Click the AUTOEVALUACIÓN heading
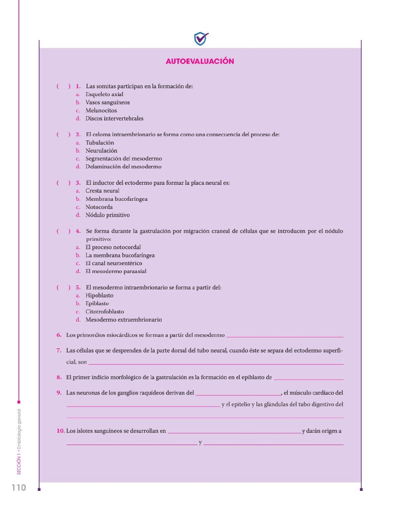(x=200, y=61)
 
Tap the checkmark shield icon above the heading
(x=201, y=39)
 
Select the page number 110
(x=19, y=488)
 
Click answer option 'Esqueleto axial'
(x=104, y=94)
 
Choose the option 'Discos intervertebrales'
(x=114, y=118)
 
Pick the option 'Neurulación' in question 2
(x=101, y=151)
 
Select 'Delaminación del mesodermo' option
(x=123, y=167)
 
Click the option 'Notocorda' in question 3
(x=99, y=207)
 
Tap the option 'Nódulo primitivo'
(x=107, y=215)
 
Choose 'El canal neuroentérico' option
(x=114, y=263)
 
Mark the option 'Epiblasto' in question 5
(x=97, y=303)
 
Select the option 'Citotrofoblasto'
(x=105, y=311)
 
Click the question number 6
(x=59, y=335)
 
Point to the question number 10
(x=60, y=431)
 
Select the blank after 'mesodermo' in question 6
(x=285, y=336)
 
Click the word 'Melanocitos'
(x=101, y=110)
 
